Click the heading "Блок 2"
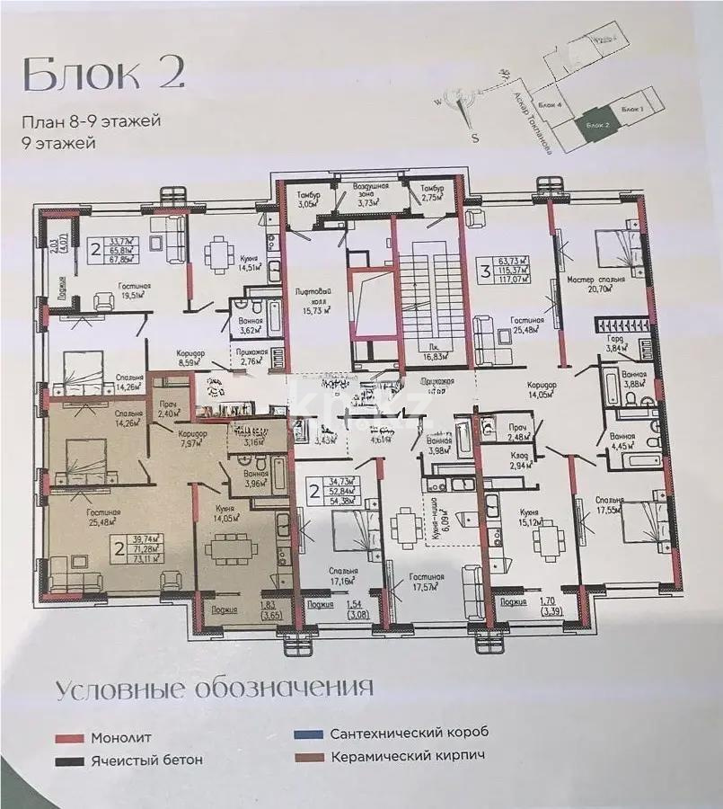click(x=103, y=74)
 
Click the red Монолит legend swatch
click(x=68, y=738)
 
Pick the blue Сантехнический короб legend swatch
click(x=306, y=733)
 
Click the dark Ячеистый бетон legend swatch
click(x=68, y=760)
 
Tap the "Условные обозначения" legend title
click(x=214, y=689)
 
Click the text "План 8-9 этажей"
click(x=93, y=121)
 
